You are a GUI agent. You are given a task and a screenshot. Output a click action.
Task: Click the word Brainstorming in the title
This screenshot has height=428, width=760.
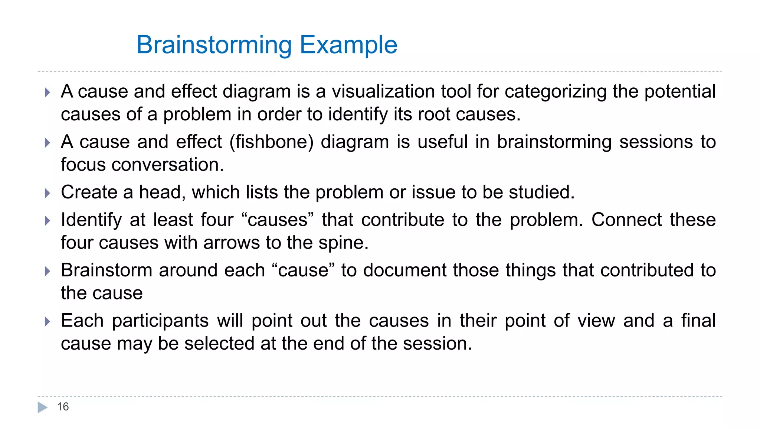[214, 45]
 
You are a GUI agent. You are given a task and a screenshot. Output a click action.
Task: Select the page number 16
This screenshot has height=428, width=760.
[63, 407]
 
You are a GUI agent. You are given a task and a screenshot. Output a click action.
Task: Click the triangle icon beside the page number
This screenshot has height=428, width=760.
[43, 407]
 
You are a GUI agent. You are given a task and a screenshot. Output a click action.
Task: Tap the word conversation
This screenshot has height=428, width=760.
[168, 165]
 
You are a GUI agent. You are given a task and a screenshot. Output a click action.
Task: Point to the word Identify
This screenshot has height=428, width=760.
[91, 220]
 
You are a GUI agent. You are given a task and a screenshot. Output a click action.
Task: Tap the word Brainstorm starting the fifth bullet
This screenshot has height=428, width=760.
[107, 270]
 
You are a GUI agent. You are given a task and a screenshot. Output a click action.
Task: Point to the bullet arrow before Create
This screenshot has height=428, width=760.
[47, 193]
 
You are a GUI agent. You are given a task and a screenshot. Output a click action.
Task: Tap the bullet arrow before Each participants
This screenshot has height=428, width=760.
[47, 321]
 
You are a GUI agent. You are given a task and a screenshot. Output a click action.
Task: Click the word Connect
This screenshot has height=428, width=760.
[626, 220]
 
